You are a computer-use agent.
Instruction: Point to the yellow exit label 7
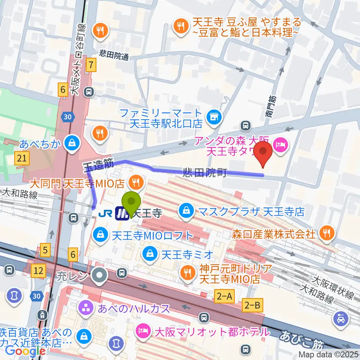click(91, 65)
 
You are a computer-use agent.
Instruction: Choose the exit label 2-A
click(225, 296)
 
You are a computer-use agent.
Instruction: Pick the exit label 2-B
click(252, 306)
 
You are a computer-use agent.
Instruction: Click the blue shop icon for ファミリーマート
click(214, 117)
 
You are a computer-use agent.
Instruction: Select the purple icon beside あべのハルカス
click(83, 309)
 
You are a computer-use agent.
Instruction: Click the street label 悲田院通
click(114, 57)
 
